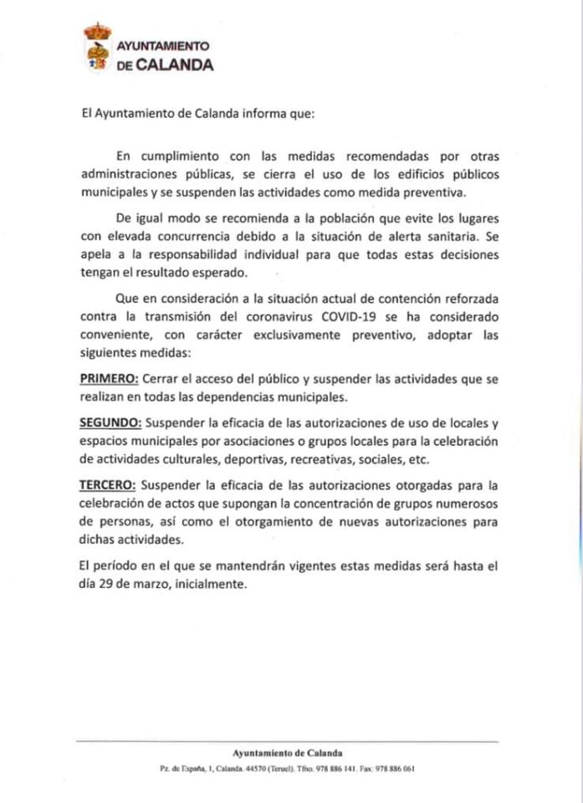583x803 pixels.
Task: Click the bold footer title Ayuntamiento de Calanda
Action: (x=288, y=752)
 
